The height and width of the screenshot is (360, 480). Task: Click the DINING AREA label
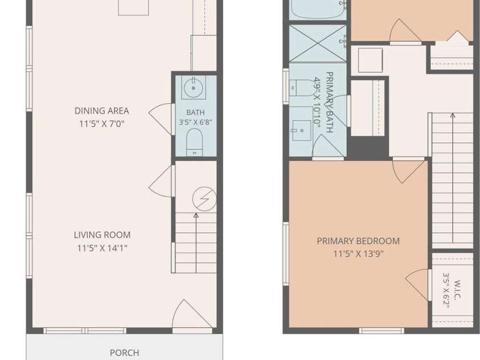(x=101, y=111)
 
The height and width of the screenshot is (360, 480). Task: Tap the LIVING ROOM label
(x=102, y=235)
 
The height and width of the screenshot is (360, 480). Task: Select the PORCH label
(x=124, y=353)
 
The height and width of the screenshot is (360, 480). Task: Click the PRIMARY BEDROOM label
(x=358, y=241)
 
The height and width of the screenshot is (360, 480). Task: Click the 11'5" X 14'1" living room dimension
(x=102, y=248)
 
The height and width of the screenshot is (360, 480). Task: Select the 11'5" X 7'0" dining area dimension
(x=101, y=124)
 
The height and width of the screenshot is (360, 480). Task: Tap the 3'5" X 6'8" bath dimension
(x=195, y=122)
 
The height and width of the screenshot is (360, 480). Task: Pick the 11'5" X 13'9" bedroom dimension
(x=358, y=254)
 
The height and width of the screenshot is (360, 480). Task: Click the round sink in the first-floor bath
(x=194, y=88)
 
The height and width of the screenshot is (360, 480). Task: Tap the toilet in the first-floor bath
(x=194, y=142)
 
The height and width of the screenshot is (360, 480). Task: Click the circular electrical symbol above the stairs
(x=204, y=199)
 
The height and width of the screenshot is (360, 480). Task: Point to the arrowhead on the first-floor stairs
(x=196, y=215)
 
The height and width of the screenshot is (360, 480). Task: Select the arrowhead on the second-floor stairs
(x=453, y=116)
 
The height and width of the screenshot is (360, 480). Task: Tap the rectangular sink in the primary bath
(x=302, y=130)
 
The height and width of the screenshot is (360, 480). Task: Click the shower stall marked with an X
(x=318, y=43)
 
